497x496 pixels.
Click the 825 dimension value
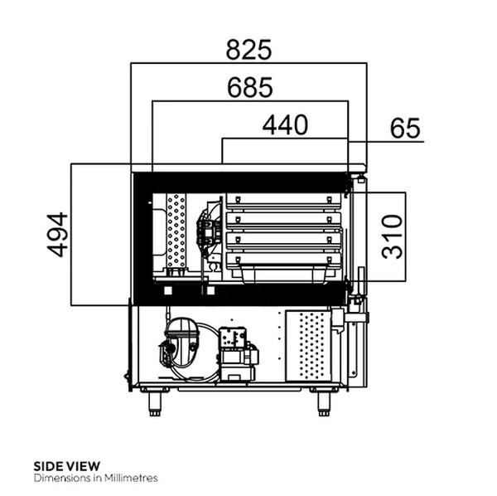click(x=248, y=50)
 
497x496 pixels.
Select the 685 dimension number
click(x=248, y=87)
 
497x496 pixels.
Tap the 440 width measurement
click(x=285, y=125)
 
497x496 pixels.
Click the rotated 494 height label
click(x=56, y=235)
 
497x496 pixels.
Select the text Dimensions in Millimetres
click(x=95, y=478)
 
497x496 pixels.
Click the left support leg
click(x=155, y=402)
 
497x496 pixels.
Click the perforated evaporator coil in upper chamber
click(x=176, y=232)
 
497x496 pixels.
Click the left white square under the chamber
click(x=168, y=290)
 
